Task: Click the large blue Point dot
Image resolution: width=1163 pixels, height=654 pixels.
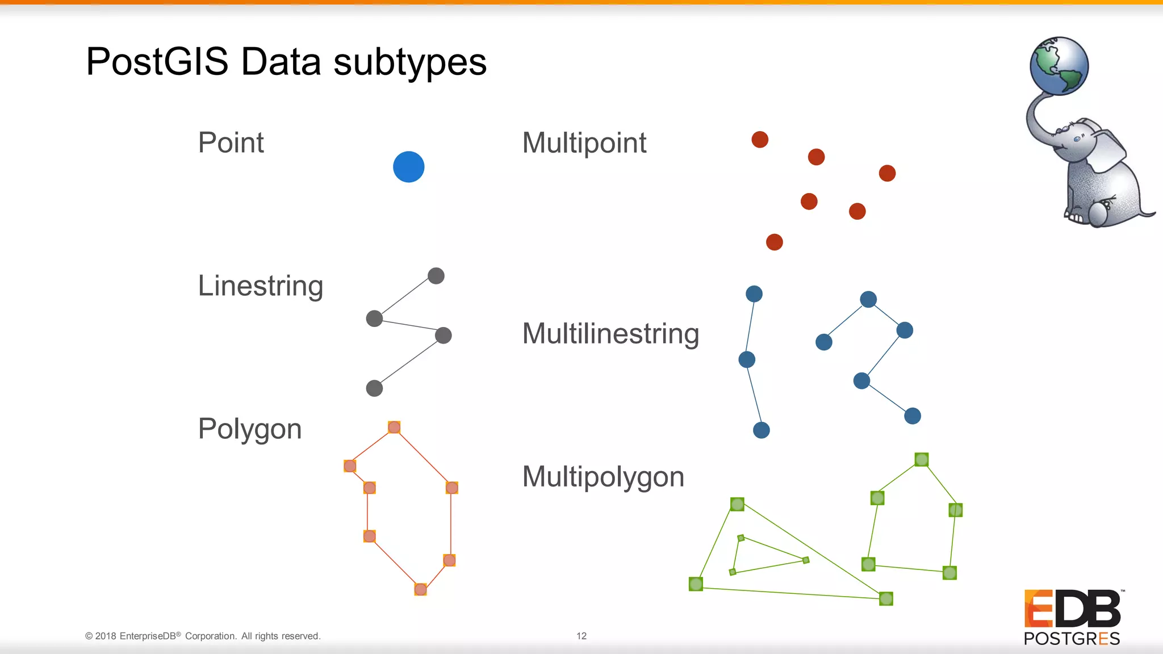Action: click(408, 167)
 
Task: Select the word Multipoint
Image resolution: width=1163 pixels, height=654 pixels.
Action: click(584, 142)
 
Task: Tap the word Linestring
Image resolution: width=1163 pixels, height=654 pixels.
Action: click(260, 286)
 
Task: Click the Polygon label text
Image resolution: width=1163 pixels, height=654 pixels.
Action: click(249, 429)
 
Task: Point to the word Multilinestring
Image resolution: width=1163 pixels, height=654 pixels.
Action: click(610, 333)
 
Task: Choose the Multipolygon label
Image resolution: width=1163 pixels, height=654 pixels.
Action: click(603, 476)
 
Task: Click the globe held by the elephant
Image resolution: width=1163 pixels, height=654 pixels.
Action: click(1059, 66)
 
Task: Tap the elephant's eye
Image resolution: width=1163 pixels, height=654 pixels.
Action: click(1077, 139)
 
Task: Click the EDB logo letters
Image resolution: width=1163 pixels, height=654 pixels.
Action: click(1072, 609)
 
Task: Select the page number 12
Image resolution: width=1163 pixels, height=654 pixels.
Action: click(581, 636)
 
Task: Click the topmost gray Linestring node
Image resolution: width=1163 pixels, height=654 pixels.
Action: click(436, 276)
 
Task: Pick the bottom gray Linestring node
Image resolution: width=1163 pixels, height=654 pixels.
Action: click(374, 388)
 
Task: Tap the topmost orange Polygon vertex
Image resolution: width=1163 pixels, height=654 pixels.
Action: click(394, 427)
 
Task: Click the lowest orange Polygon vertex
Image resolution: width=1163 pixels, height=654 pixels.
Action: click(420, 589)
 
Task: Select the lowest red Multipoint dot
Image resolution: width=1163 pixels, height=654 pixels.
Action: click(774, 242)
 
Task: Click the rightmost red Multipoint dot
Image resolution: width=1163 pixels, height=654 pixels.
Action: click(887, 173)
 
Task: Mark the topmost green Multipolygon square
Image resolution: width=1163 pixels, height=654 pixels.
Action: click(921, 459)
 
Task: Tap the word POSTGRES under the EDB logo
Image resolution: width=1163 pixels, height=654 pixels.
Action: click(1071, 639)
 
